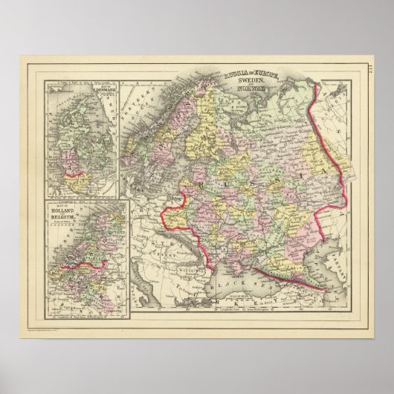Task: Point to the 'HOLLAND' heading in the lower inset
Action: (65, 210)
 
